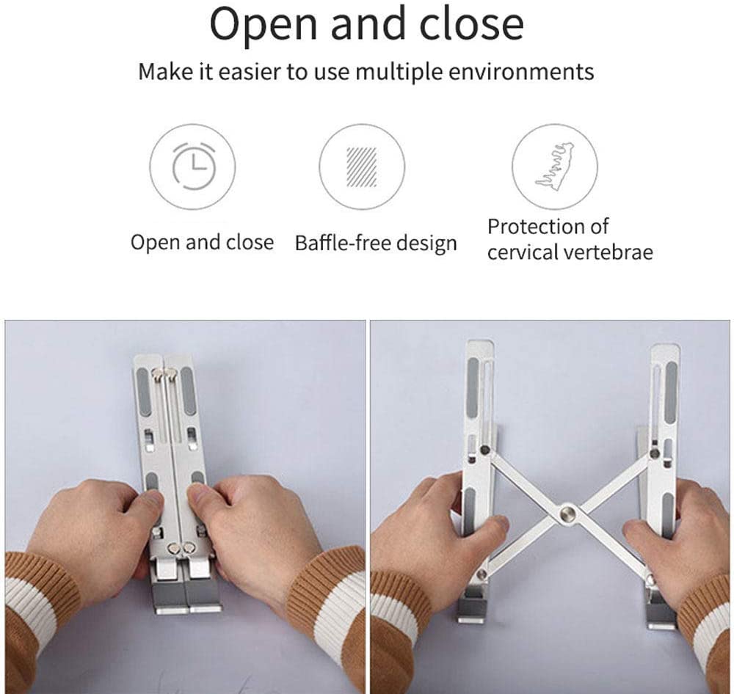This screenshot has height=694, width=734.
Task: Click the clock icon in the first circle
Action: coord(194,166)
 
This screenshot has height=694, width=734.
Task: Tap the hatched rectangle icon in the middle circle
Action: coord(361,167)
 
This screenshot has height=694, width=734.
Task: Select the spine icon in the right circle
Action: coord(555,167)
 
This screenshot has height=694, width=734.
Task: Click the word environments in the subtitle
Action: coord(521,72)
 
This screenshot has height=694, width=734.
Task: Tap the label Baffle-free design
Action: coord(376,244)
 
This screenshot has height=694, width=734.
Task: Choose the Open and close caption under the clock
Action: coord(202,242)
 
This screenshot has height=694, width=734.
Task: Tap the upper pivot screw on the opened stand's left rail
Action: coord(485,450)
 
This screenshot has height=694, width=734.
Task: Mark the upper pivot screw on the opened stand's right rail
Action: coord(655,453)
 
